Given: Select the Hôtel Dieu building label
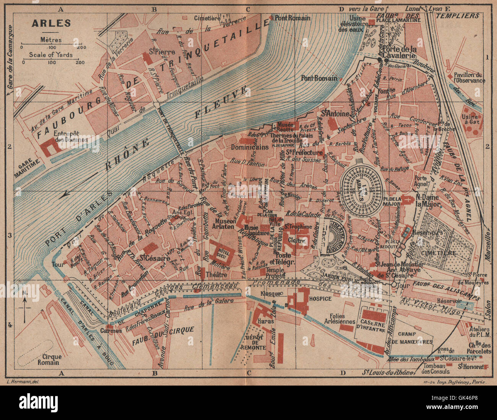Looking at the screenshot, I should [x=221, y=253].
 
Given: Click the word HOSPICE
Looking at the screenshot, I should [x=320, y=298].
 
